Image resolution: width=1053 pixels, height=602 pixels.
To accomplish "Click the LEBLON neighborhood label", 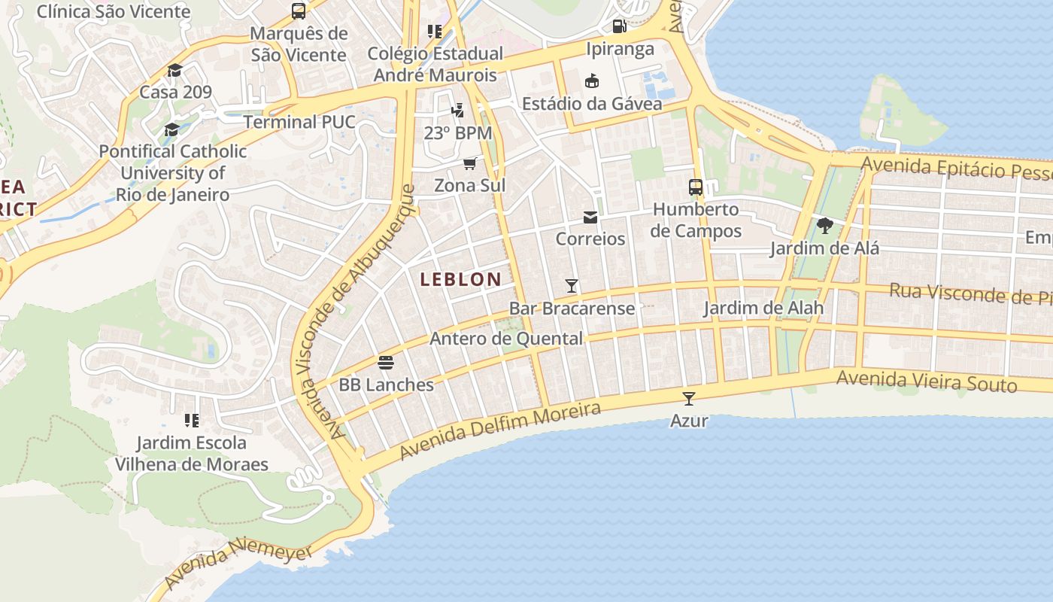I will (460, 279).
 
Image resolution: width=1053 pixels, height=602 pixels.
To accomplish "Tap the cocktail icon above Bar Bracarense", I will (572, 286).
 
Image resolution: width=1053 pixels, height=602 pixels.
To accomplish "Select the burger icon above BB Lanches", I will (386, 363).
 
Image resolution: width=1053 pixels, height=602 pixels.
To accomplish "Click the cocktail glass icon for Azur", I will (689, 399).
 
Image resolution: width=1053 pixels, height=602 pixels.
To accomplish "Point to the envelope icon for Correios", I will (590, 217).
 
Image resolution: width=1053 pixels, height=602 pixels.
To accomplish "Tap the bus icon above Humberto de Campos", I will (696, 187).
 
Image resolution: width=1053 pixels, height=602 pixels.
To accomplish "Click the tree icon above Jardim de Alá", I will (824, 225).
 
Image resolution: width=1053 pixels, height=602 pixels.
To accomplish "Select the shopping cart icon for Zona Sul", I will (470, 163).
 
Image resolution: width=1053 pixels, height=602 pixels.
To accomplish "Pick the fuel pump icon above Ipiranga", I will (620, 26).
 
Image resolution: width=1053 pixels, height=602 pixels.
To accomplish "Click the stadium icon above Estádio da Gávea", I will (592, 81).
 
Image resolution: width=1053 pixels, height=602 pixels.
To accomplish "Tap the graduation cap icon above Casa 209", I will (175, 70).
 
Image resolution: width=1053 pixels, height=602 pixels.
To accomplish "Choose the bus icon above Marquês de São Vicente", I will (299, 11).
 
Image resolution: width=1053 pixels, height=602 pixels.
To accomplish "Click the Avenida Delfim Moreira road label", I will (500, 430).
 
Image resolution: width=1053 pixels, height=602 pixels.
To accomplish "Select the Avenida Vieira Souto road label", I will (927, 381).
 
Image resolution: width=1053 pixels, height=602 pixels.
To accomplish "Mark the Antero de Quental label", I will (505, 339).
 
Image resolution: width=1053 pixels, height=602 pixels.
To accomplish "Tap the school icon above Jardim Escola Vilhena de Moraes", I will (192, 420).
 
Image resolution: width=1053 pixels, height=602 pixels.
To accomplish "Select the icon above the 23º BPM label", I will (457, 111).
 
